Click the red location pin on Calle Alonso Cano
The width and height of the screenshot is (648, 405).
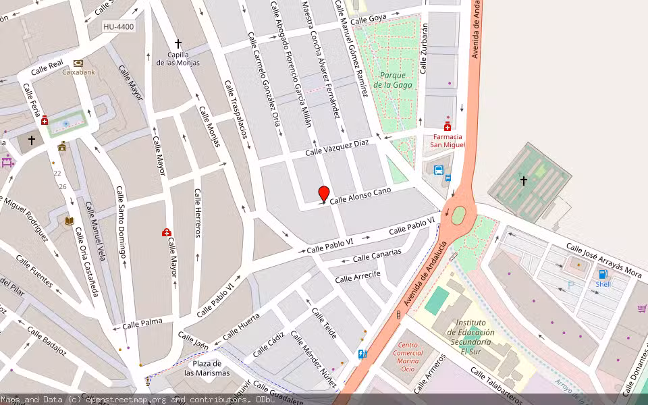324,194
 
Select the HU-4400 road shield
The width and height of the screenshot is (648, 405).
119,27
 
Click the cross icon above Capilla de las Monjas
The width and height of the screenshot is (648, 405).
178,43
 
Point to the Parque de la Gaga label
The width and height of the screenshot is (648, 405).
392,80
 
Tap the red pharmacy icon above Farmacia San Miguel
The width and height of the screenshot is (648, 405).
447,126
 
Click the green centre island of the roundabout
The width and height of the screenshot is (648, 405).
458,215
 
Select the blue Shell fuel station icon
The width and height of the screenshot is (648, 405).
603,274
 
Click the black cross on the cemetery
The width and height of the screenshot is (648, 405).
523,180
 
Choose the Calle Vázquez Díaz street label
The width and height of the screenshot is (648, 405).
337,147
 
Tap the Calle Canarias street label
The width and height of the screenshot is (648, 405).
377,255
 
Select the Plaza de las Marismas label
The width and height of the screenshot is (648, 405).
207,368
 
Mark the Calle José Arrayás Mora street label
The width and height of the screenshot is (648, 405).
603,260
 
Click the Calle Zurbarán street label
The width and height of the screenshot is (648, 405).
424,49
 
